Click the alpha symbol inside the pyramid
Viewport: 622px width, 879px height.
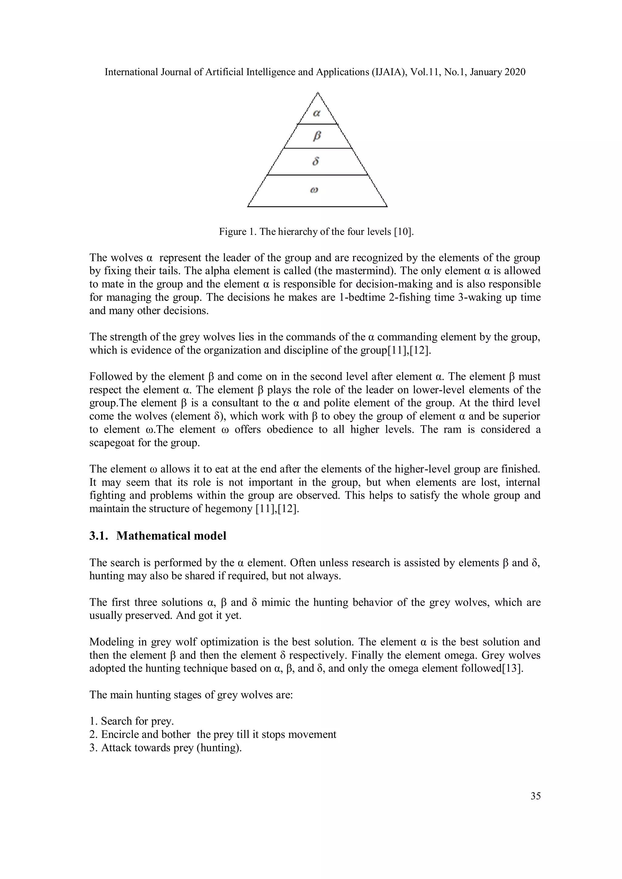click(x=316, y=113)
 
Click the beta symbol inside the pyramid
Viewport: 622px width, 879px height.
click(x=316, y=136)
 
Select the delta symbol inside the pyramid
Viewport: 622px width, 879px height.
click(x=316, y=161)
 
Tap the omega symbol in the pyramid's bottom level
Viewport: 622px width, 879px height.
click(x=314, y=190)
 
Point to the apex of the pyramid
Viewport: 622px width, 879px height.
click(x=318, y=93)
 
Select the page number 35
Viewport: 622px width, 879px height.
click(x=535, y=796)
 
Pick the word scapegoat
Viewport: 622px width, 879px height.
click(x=114, y=443)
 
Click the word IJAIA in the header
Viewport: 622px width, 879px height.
click(x=389, y=72)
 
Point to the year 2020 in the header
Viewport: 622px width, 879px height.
click(x=515, y=72)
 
